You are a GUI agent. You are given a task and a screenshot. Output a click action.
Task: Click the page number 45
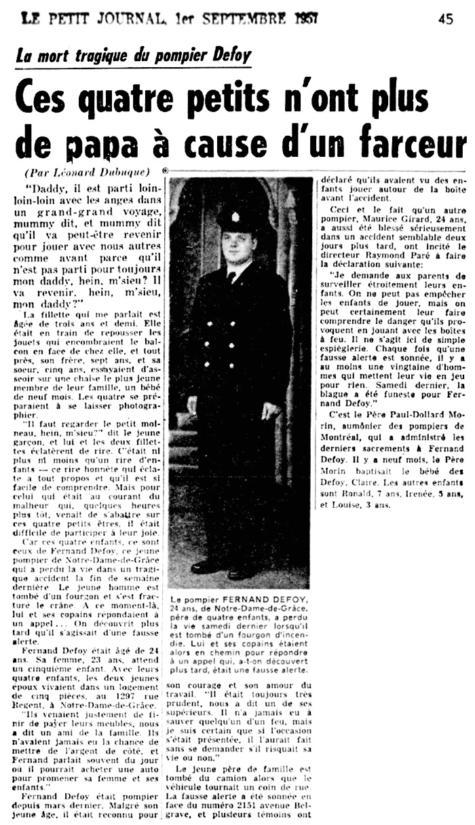tap(446, 19)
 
